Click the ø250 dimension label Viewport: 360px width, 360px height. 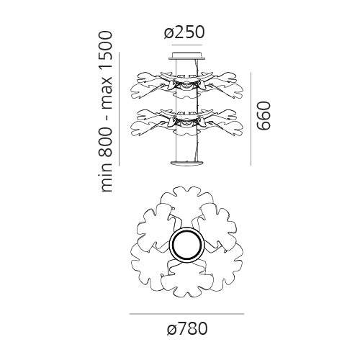coord(184,32)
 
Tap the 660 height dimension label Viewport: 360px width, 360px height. coord(264,116)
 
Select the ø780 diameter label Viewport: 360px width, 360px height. coord(187,328)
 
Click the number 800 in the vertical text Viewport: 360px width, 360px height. coord(106,143)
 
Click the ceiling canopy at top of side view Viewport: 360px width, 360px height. coord(187,55)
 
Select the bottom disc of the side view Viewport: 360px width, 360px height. coord(187,163)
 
